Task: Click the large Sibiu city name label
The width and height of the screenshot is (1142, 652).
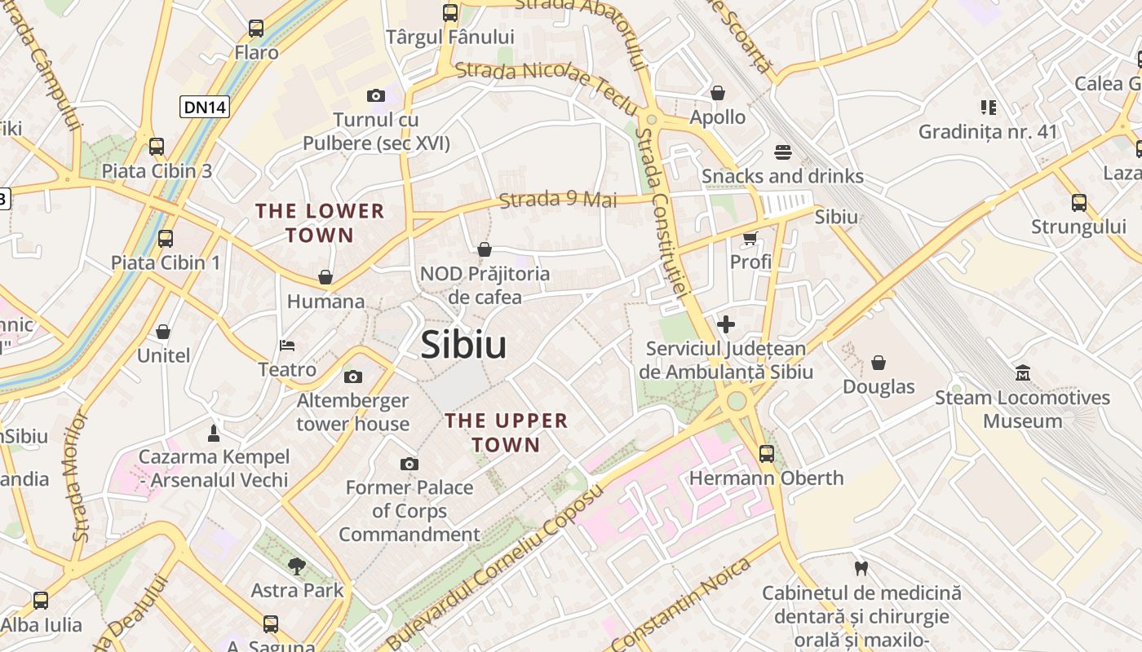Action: tap(463, 346)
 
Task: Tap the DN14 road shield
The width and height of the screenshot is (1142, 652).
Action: tap(205, 106)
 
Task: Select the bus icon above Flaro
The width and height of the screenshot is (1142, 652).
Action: tap(256, 29)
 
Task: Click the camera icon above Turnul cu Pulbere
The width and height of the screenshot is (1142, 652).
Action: tap(376, 95)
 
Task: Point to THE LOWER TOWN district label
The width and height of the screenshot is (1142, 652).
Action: tap(319, 222)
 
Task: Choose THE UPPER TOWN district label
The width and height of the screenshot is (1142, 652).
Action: tap(506, 432)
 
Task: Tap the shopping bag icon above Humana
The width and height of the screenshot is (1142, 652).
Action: tap(325, 277)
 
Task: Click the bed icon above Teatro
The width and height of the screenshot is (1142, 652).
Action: tap(287, 346)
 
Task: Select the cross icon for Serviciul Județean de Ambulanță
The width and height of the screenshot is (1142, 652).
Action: tap(725, 324)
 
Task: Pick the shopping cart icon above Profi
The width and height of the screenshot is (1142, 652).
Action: tap(750, 238)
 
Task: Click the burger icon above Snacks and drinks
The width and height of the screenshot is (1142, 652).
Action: tap(782, 152)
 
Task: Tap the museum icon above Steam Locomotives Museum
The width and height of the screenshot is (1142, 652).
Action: tap(1022, 372)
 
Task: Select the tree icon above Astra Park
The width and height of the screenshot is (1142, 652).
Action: tap(297, 565)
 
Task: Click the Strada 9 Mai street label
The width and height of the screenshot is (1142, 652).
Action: tap(558, 199)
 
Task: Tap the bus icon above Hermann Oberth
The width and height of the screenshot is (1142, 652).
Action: tap(766, 454)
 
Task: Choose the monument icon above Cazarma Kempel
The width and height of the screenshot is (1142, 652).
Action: tap(214, 432)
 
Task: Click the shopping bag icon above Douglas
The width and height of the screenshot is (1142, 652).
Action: tap(879, 362)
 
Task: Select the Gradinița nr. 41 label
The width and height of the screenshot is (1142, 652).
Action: tap(988, 131)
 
